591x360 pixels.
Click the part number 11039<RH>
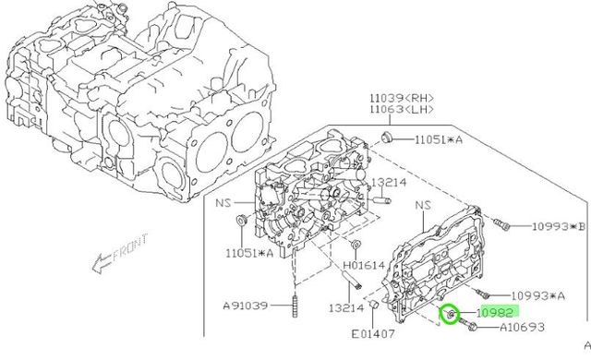pyautogui.click(x=402, y=98)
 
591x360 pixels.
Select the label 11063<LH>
pyautogui.click(x=402, y=110)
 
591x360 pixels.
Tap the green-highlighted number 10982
pyautogui.click(x=495, y=313)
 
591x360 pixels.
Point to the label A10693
pyautogui.click(x=522, y=327)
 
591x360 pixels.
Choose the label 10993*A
pyautogui.click(x=537, y=296)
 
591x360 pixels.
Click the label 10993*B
pyautogui.click(x=559, y=226)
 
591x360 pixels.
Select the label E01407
pyautogui.click(x=373, y=334)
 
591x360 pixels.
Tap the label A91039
pyautogui.click(x=246, y=306)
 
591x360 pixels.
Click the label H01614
pyautogui.click(x=364, y=266)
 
